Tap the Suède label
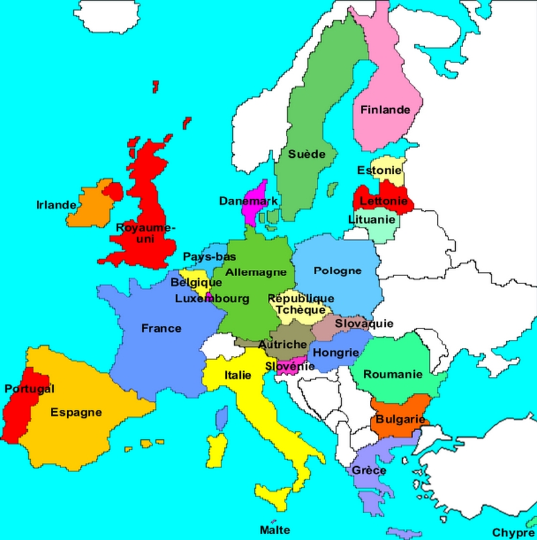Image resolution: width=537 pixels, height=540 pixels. [x=307, y=154]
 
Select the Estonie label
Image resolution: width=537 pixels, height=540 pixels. [x=379, y=171]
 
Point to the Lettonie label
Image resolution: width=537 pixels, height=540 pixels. [x=383, y=201]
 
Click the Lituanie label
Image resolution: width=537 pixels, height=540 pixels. [x=371, y=220]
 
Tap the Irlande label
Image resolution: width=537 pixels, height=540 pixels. [x=56, y=204]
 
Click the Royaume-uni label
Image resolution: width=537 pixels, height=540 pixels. [x=145, y=232]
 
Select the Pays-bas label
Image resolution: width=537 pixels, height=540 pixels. [x=209, y=257]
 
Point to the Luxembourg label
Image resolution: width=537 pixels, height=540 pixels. [x=212, y=298]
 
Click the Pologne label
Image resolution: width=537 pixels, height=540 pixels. [x=338, y=271]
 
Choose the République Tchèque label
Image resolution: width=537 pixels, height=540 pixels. [x=300, y=304]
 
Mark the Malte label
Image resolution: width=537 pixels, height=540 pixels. [x=275, y=530]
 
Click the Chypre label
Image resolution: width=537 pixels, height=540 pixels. [x=513, y=532]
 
